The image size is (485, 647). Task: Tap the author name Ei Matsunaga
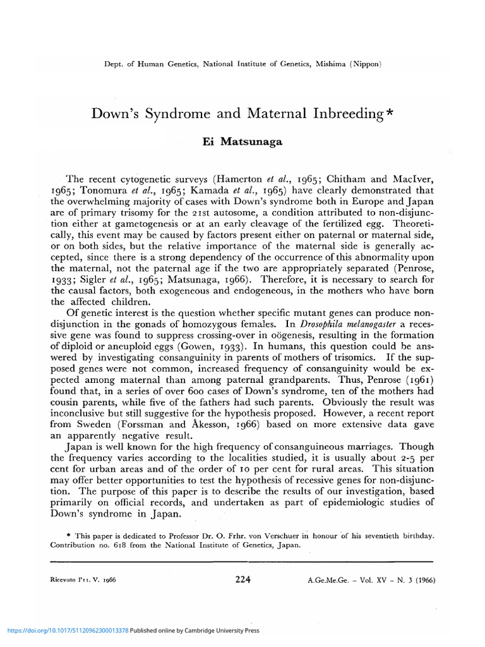[x=242, y=142]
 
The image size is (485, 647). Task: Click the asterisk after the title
[x=391, y=112]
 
